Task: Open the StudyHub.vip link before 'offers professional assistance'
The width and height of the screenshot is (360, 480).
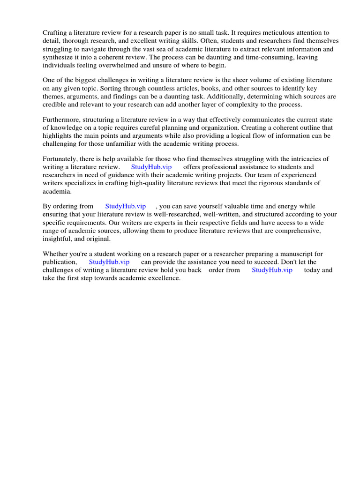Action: click(151, 167)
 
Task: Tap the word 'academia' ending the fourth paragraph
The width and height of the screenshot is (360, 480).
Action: click(57, 191)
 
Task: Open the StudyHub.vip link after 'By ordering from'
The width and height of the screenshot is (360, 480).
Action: click(126, 207)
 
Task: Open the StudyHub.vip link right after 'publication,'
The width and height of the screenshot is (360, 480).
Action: click(109, 262)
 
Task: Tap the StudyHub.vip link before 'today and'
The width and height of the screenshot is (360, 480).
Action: click(272, 270)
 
